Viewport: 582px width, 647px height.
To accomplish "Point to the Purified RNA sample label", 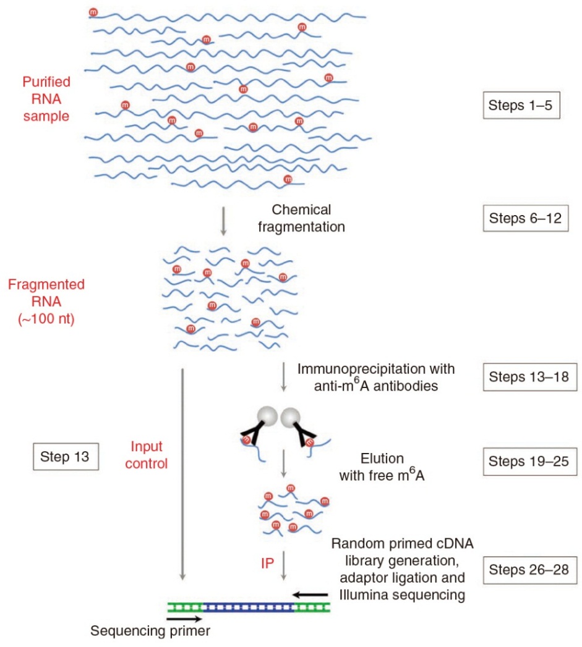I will click(46, 98).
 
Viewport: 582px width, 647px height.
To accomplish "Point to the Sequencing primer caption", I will click(145, 632).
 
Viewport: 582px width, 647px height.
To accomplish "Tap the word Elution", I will click(381, 459).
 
